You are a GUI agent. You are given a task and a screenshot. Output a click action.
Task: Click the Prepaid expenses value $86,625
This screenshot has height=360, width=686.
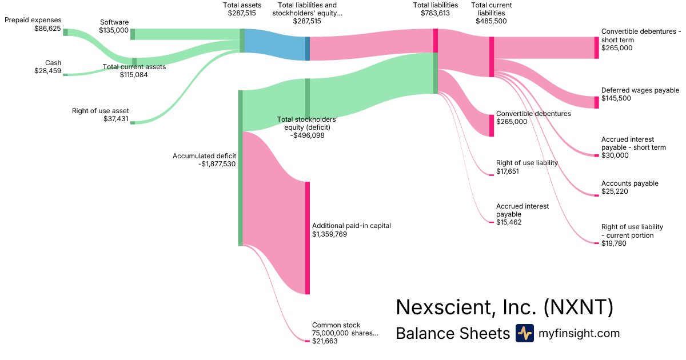[47, 29]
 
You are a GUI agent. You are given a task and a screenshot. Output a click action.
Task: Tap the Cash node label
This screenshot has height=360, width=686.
[53, 63]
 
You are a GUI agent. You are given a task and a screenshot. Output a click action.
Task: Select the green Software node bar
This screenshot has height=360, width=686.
[133, 34]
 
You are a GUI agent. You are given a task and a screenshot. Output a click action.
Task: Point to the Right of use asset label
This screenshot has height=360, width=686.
[100, 111]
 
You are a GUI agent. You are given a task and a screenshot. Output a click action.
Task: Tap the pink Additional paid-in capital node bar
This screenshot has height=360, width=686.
[307, 238]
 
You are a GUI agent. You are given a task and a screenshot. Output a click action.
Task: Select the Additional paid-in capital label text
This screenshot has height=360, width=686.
[351, 226]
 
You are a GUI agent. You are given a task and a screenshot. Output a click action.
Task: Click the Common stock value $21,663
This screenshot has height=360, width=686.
[325, 341]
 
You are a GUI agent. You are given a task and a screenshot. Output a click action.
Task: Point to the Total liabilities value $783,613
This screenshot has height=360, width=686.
[435, 13]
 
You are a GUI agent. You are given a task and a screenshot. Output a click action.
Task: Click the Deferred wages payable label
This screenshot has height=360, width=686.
[640, 90]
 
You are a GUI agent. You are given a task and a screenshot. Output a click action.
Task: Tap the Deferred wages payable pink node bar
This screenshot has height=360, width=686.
[597, 102]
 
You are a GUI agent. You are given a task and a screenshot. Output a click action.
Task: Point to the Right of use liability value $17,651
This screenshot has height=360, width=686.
[508, 171]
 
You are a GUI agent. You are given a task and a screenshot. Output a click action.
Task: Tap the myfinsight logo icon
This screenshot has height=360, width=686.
[524, 333]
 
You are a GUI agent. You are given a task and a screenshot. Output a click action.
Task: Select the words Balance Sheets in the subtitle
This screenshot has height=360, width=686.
[452, 333]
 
